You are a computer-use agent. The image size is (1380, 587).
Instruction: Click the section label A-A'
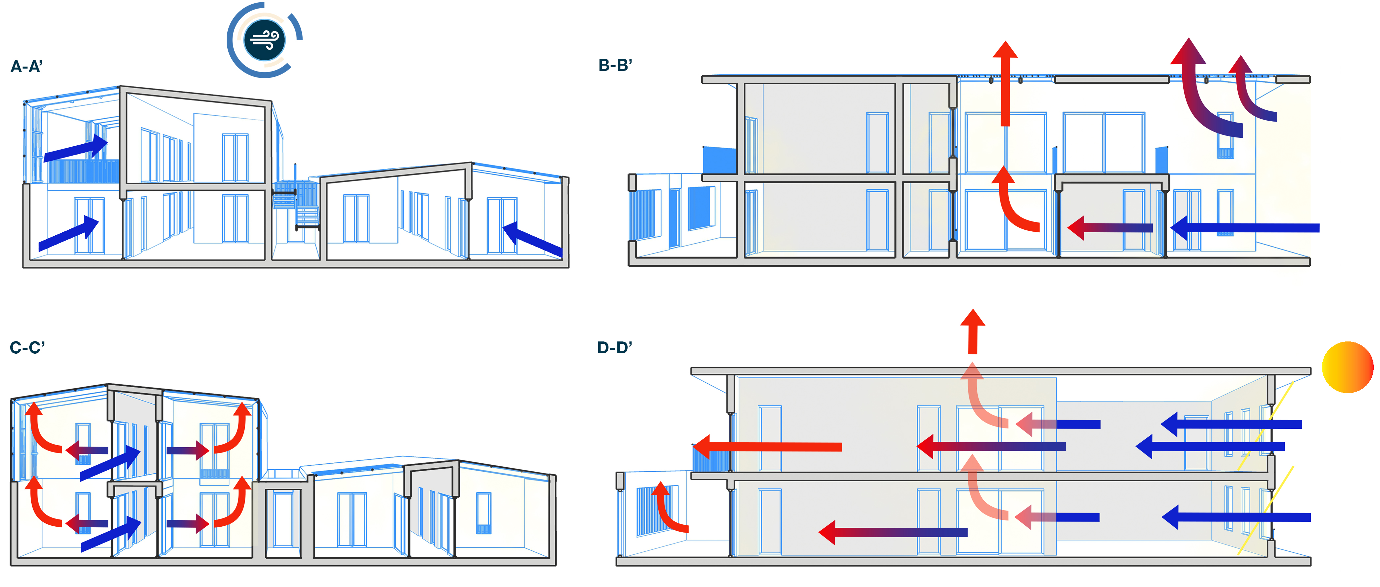pos(26,67)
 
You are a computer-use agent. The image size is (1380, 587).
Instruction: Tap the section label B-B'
pos(615,65)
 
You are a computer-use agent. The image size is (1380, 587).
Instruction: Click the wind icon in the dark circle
pos(265,40)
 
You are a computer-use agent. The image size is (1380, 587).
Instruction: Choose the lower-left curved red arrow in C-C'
pos(40,504)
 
